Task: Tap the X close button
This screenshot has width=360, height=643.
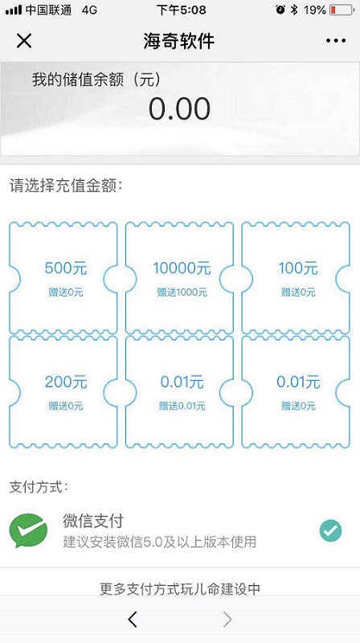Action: click(24, 41)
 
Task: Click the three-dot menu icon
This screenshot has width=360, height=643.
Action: click(336, 41)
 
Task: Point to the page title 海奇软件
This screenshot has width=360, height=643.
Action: click(179, 41)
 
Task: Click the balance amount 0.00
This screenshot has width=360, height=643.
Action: click(179, 109)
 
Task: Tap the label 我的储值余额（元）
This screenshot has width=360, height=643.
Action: click(96, 80)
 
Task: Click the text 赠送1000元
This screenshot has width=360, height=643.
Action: click(182, 293)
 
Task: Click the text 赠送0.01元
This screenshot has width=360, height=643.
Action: click(182, 406)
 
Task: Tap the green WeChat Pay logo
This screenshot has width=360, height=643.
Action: click(28, 530)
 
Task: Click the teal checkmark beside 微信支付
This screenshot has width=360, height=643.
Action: click(330, 530)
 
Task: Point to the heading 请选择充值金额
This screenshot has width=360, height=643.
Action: click(66, 186)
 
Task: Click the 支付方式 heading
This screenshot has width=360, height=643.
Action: click(39, 488)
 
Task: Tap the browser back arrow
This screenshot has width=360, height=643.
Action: click(132, 619)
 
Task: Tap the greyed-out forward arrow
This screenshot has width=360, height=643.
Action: click(227, 619)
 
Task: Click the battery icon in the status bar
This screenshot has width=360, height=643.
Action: click(341, 10)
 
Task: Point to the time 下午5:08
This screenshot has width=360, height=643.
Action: click(182, 10)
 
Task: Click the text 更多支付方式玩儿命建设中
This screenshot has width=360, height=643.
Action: click(180, 589)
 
